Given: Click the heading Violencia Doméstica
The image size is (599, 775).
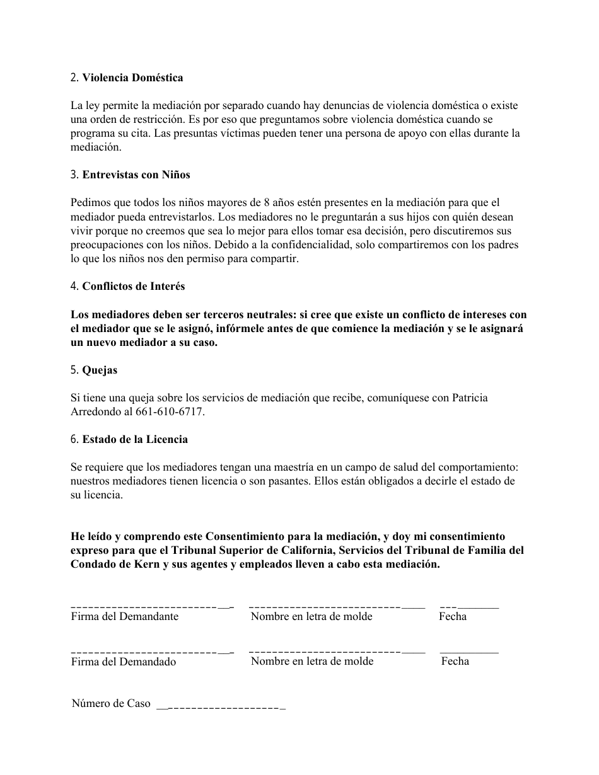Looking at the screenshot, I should point(132,78).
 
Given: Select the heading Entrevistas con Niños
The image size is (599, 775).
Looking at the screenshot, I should point(136,175).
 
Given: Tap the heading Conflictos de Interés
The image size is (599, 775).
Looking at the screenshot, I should point(133,286).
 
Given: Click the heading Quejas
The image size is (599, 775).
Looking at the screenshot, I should point(100,370).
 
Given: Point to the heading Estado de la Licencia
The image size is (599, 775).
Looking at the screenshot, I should point(135,439).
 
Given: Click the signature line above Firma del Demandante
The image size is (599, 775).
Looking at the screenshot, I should point(152,607).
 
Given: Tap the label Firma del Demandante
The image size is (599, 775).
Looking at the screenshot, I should point(124,617).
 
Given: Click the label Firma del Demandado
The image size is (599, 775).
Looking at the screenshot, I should point(123,662).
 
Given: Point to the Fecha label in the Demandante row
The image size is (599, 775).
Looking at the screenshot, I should point(453,617).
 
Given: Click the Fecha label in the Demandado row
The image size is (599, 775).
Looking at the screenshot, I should point(455,662).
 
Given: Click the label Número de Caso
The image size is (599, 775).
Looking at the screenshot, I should point(111,704).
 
